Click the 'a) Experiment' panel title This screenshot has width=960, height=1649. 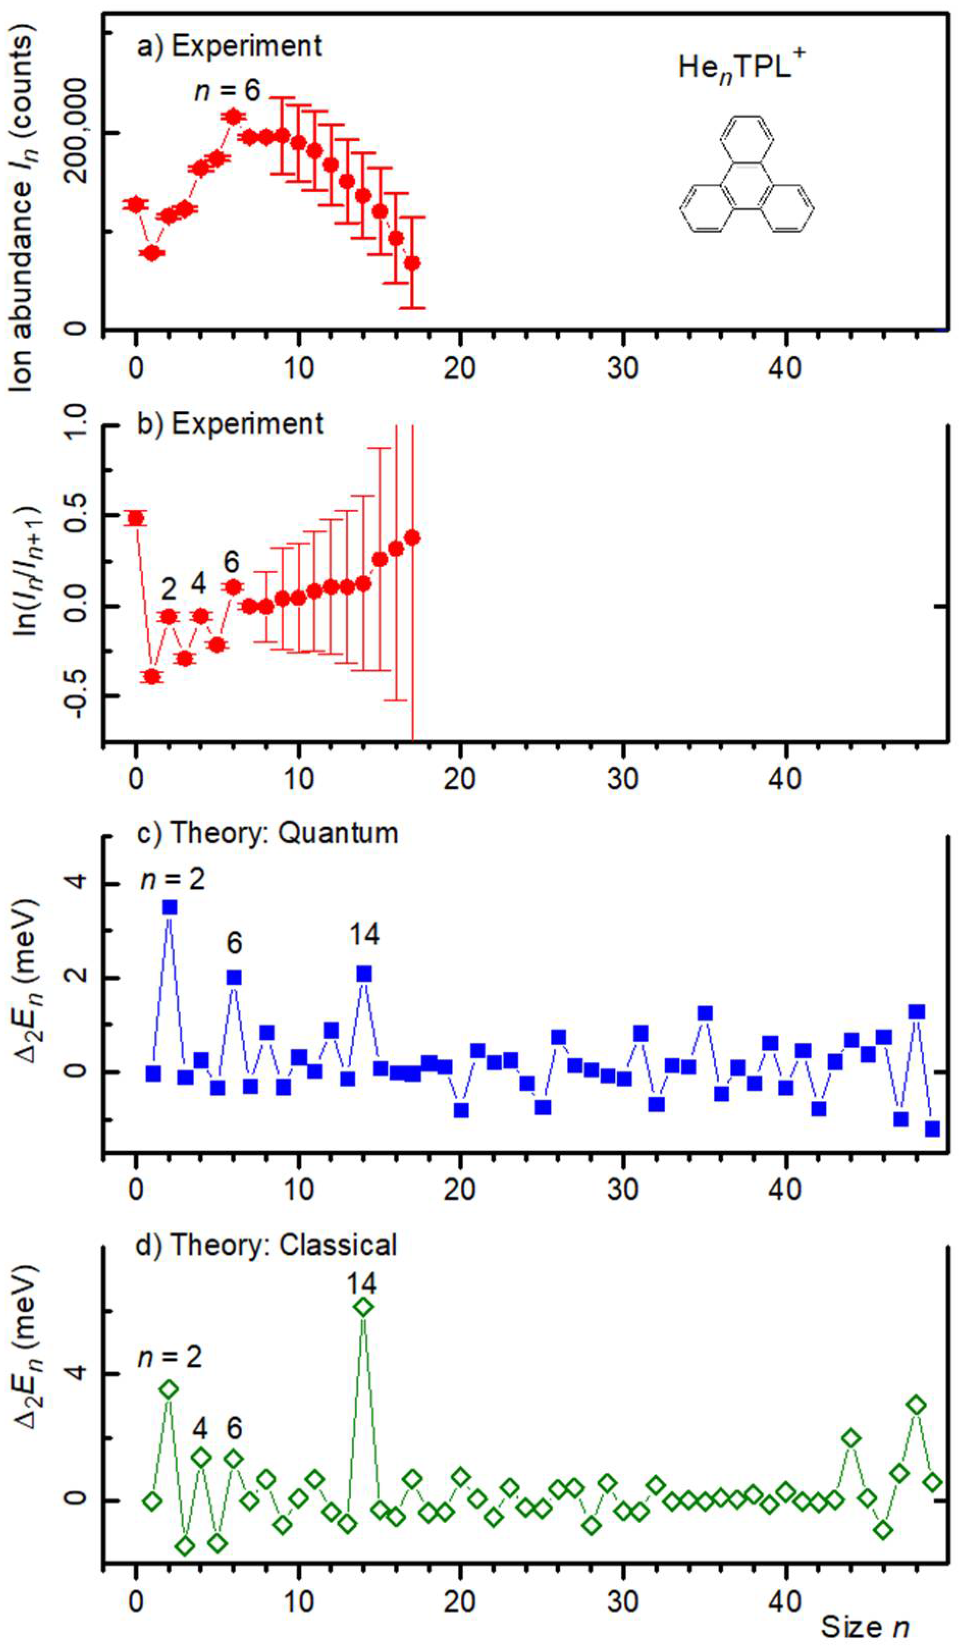(x=228, y=46)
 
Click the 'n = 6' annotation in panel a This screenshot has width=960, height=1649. (x=228, y=90)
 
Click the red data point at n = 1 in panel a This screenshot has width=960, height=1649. (x=152, y=253)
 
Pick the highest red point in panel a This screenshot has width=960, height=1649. (x=233, y=117)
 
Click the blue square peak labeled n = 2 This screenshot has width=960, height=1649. (x=170, y=907)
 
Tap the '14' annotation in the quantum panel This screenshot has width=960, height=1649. (x=363, y=934)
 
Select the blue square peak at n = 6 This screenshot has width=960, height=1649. (x=233, y=978)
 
